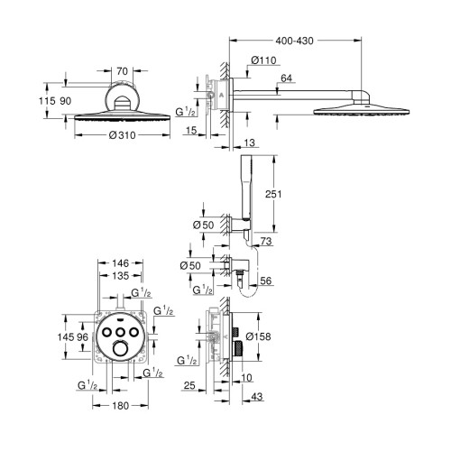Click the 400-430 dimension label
294,41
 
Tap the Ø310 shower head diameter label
122,135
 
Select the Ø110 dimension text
263,60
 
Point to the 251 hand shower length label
273,194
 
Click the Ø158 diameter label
258,336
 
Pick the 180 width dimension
120,406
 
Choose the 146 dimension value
120,263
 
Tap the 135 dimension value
120,276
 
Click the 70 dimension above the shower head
122,71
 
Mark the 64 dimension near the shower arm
286,78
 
